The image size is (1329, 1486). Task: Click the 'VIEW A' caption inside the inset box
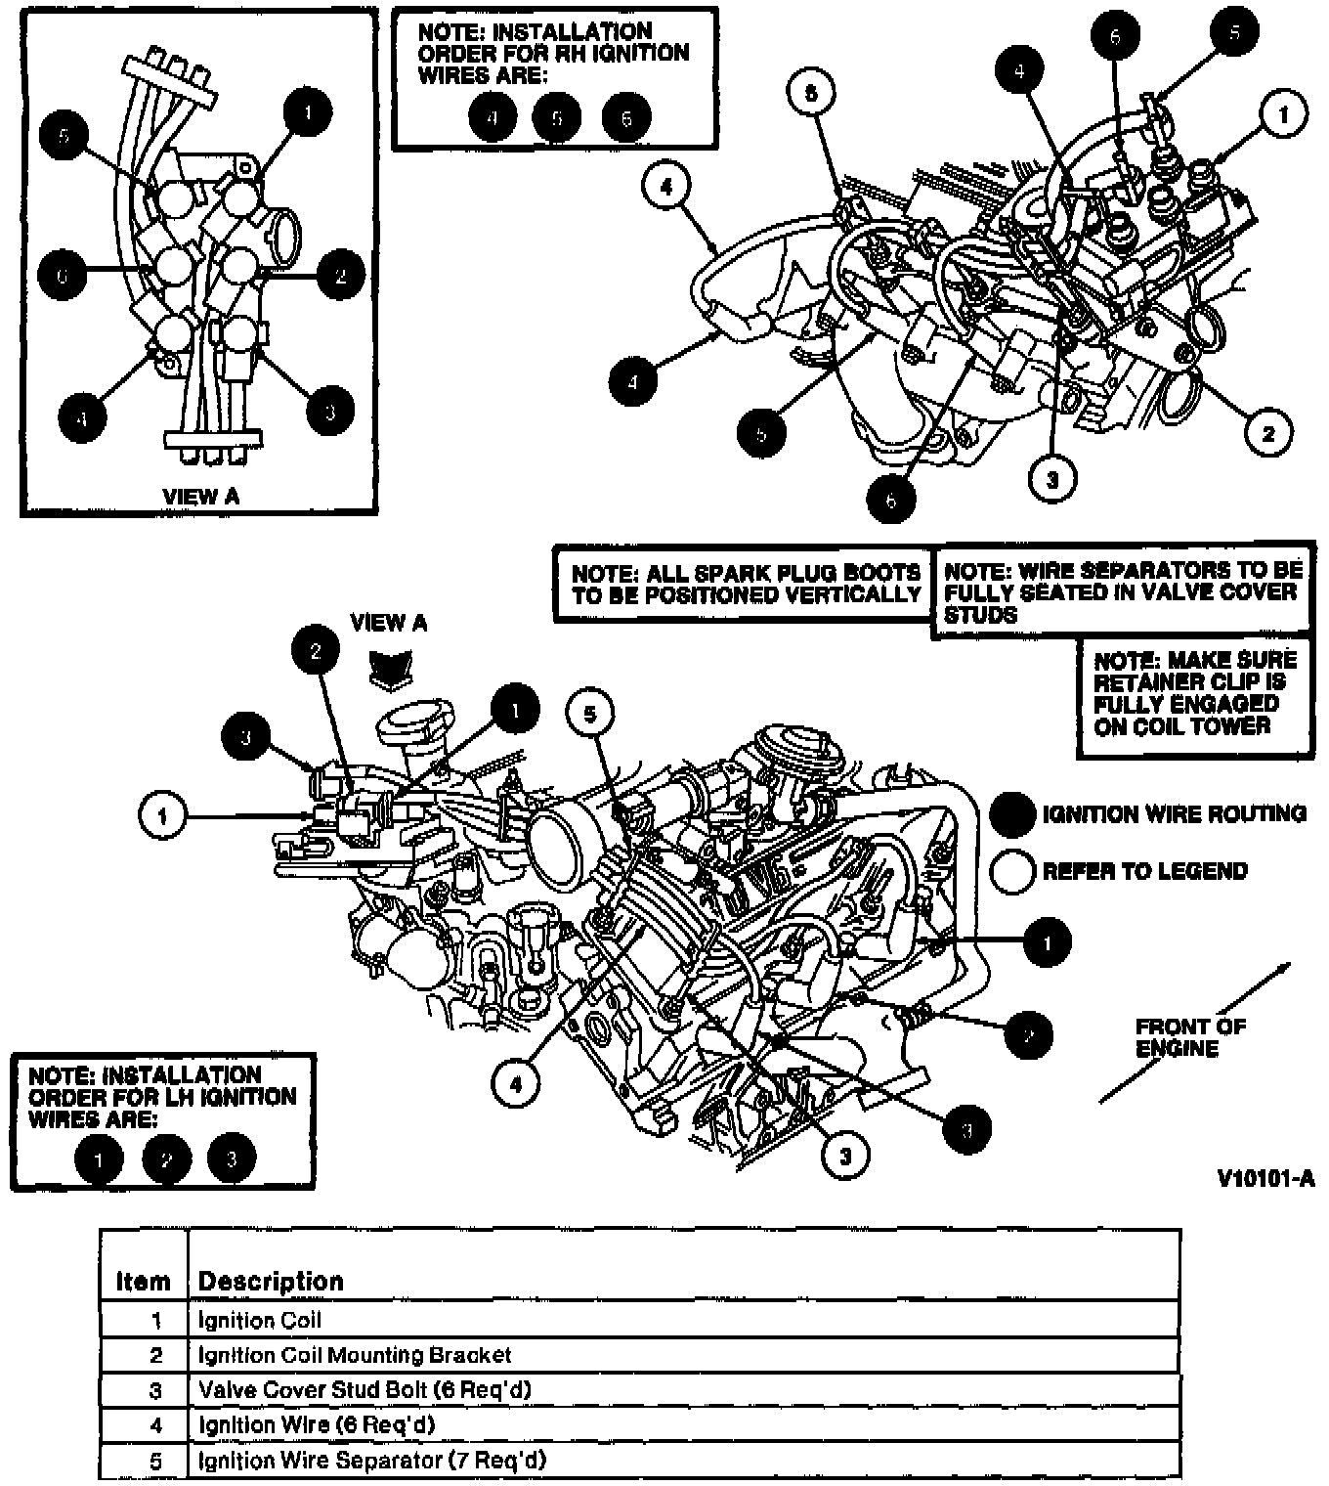click(200, 496)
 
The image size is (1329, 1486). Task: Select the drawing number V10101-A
click(1265, 1179)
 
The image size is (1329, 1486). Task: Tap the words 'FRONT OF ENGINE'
click(1189, 1037)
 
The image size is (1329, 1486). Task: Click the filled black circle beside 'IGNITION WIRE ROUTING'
click(1012, 814)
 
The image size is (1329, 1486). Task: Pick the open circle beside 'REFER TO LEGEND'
click(1012, 871)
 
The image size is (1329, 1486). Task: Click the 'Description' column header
click(271, 1281)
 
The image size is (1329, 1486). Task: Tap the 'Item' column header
click(143, 1281)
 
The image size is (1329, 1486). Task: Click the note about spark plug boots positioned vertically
click(746, 583)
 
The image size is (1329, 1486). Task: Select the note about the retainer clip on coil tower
click(1195, 693)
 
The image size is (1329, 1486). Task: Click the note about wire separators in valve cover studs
click(1122, 591)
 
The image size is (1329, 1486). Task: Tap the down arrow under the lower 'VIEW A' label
click(388, 669)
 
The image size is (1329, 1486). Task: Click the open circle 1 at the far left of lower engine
click(162, 814)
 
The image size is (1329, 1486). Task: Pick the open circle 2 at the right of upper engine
click(1268, 432)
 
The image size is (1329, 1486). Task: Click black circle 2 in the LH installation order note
click(166, 1159)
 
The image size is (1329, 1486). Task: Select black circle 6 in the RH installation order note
click(625, 118)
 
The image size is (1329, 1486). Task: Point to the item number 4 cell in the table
click(156, 1425)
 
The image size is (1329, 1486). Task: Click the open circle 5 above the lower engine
click(590, 714)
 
